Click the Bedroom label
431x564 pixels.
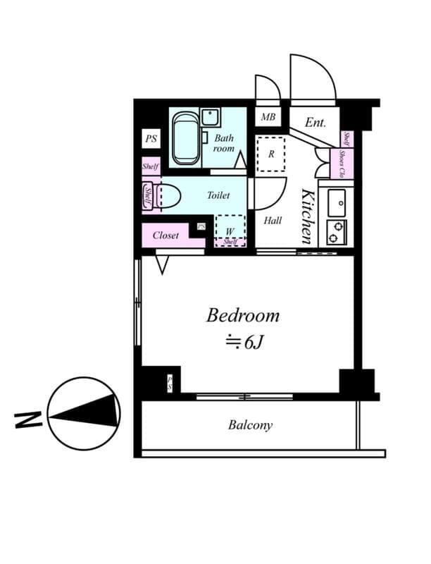[x=242, y=315]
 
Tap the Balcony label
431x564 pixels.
[x=250, y=425]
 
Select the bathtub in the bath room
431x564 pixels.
[x=186, y=137]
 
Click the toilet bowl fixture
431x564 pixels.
[x=168, y=195]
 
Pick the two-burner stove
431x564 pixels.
[x=335, y=231]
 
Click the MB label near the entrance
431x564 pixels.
[x=268, y=118]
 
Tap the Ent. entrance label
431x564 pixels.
[x=316, y=123]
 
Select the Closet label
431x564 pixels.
[x=165, y=235]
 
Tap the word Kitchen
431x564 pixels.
[x=308, y=216]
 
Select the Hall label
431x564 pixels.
[x=273, y=221]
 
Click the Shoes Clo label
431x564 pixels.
[x=342, y=164]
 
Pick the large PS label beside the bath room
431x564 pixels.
[x=151, y=139]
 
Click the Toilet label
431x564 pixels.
[x=218, y=195]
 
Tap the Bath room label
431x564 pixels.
[x=224, y=143]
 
